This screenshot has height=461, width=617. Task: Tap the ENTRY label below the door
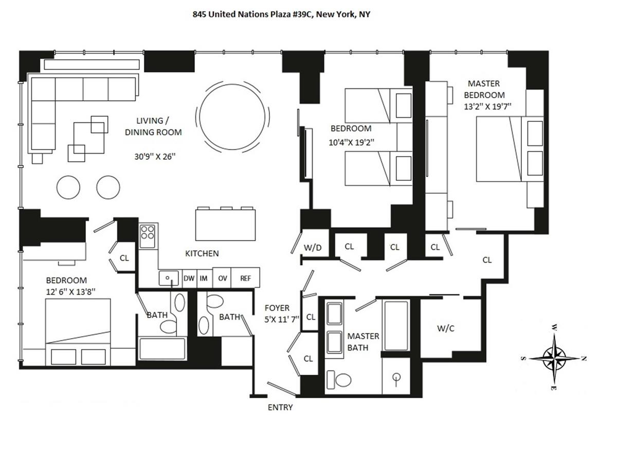[x=280, y=408]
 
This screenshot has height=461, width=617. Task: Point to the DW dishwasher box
[x=189, y=278]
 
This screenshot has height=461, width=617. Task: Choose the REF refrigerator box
[x=245, y=278]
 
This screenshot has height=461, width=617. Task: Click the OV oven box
[x=222, y=278]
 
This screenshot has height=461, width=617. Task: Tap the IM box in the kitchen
[x=204, y=278]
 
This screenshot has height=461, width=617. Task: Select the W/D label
[x=313, y=247]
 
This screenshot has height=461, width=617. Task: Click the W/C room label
[x=445, y=328]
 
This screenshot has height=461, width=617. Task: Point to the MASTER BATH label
[x=363, y=342]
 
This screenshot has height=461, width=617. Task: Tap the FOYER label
[x=277, y=308]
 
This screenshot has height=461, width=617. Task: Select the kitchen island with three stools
[x=226, y=224]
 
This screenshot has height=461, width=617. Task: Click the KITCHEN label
[x=202, y=253]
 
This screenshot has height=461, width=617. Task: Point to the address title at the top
[x=281, y=14]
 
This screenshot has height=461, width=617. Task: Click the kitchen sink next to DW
[x=168, y=278]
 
